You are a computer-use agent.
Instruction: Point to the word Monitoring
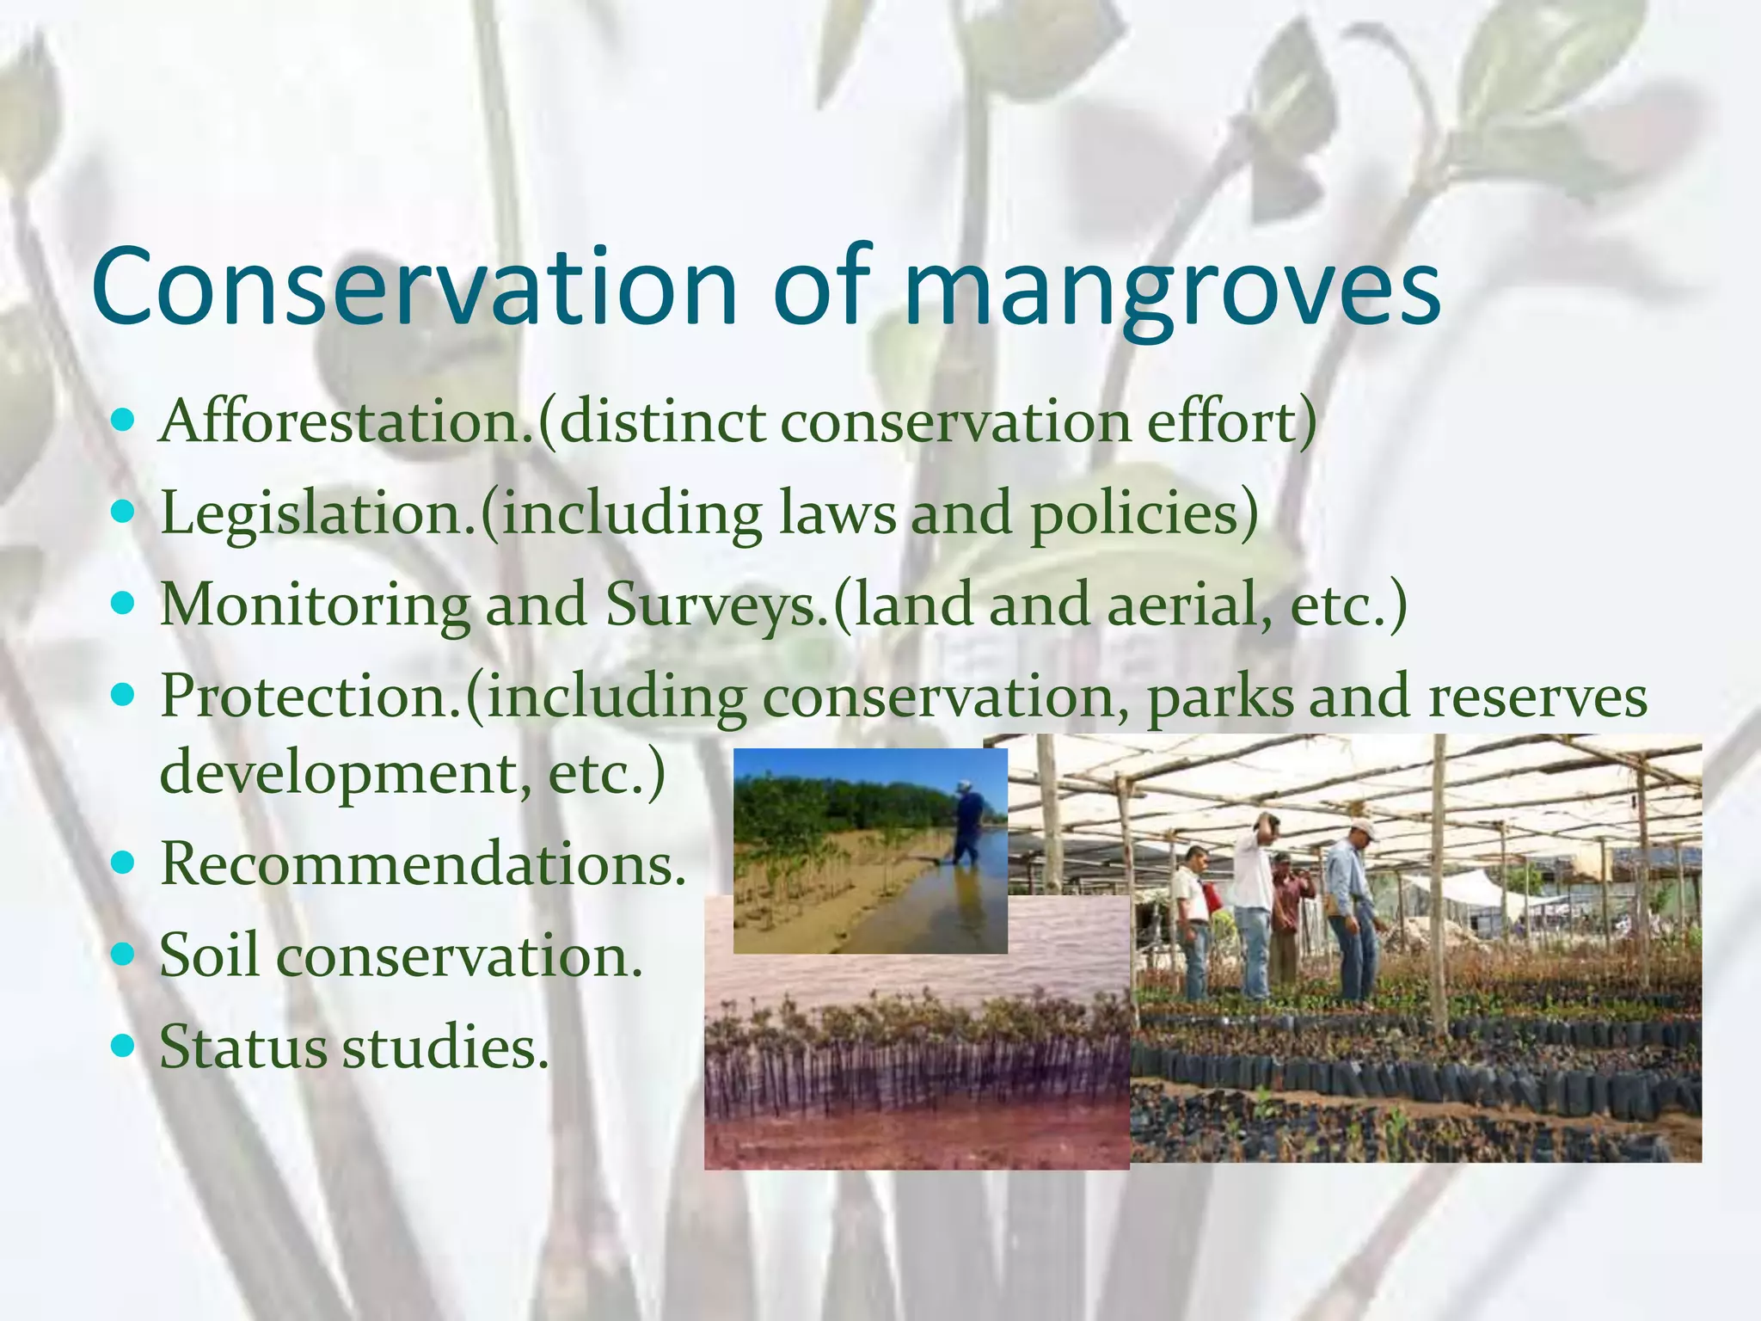(315, 605)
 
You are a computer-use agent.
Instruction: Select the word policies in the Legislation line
(1144, 514)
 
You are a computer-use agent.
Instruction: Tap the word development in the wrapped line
(340, 773)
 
